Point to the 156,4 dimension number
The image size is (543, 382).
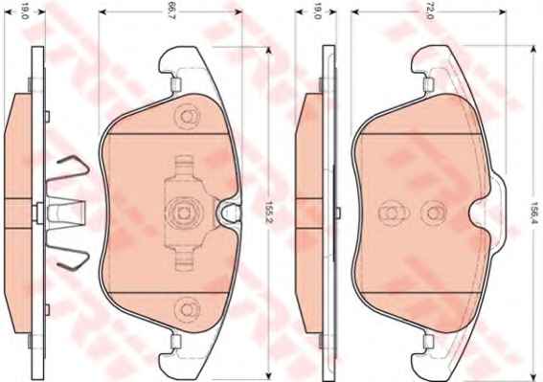(535, 213)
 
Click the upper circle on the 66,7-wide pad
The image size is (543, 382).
(187, 117)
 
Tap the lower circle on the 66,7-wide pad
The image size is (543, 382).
(187, 309)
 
